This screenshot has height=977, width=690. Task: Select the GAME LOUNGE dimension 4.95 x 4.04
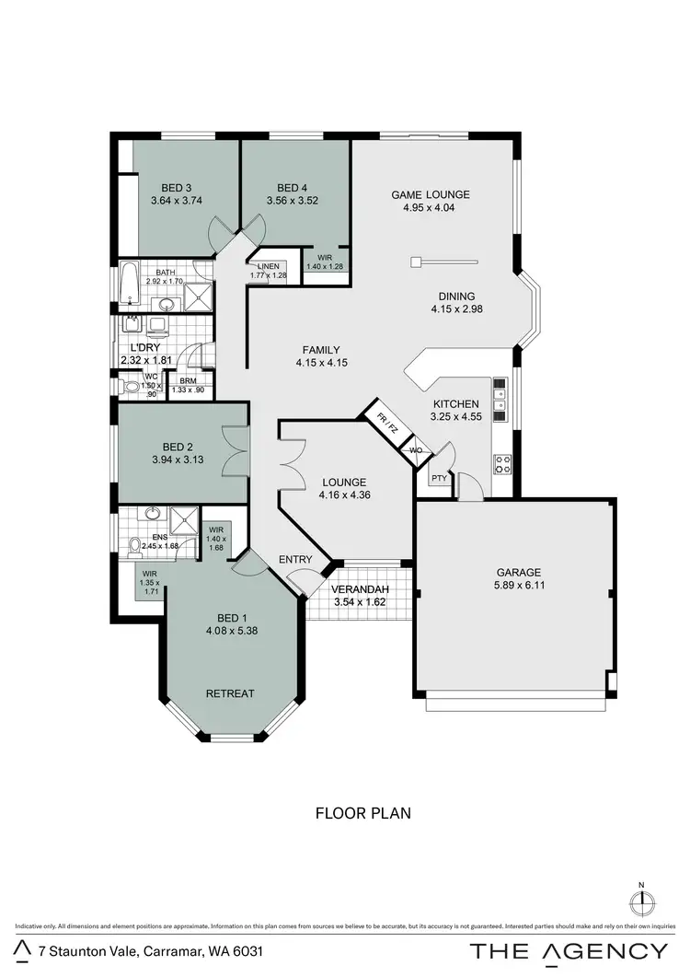pyautogui.click(x=430, y=208)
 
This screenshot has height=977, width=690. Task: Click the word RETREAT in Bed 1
pyautogui.click(x=230, y=693)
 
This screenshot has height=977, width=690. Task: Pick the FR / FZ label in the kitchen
pyautogui.click(x=386, y=423)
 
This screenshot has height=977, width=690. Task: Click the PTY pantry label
pyautogui.click(x=439, y=478)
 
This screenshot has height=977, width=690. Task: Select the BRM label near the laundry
pyautogui.click(x=188, y=380)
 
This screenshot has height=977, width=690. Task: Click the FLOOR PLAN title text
pyautogui.click(x=362, y=813)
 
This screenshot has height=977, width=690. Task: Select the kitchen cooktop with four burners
pyautogui.click(x=502, y=463)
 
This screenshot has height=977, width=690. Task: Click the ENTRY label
pyautogui.click(x=294, y=559)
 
